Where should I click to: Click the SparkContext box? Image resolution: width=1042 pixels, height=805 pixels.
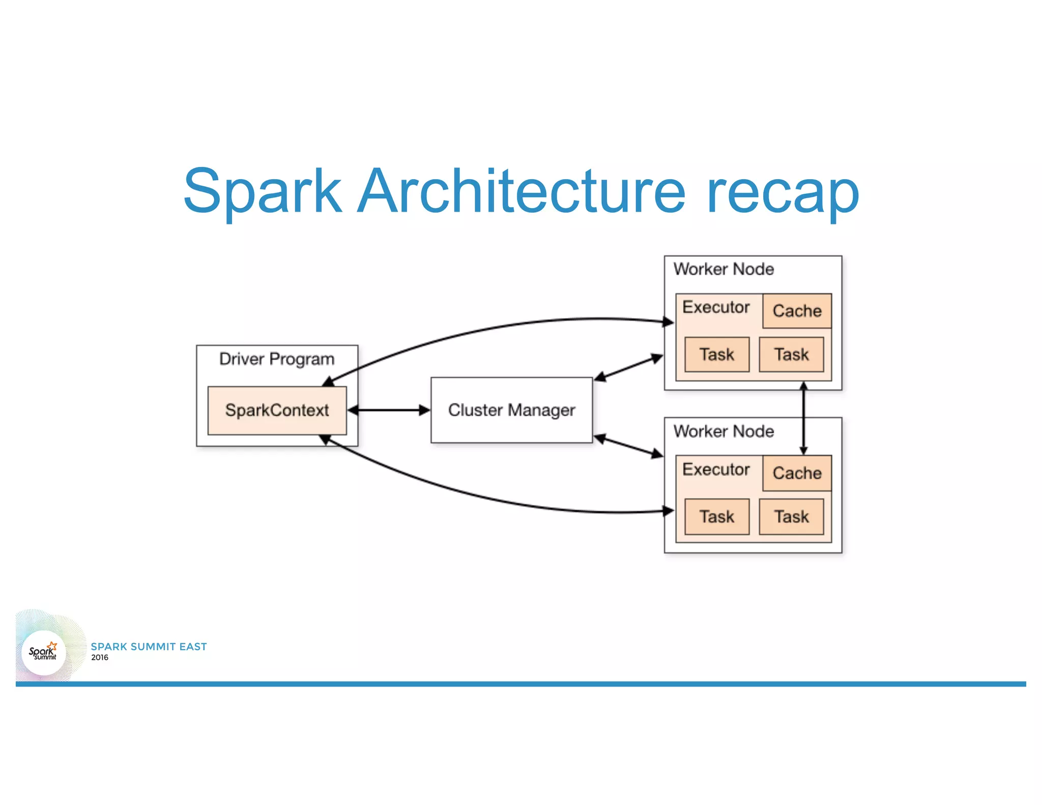click(277, 410)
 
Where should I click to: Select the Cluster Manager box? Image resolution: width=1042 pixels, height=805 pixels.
click(511, 410)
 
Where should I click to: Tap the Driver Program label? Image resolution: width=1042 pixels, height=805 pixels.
click(277, 359)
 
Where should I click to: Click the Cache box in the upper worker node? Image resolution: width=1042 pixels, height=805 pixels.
click(797, 311)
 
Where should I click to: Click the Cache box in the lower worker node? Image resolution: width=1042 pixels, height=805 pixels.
click(797, 473)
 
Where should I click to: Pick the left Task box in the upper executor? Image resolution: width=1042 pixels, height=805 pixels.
click(716, 355)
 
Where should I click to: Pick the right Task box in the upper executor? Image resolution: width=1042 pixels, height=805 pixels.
click(791, 355)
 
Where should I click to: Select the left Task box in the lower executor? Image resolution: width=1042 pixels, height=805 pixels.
click(716, 517)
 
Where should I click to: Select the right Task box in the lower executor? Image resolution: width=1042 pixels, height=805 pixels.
click(791, 517)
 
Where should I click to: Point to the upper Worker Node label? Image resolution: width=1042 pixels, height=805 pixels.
click(723, 269)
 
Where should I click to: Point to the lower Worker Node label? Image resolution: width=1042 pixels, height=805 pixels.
click(723, 432)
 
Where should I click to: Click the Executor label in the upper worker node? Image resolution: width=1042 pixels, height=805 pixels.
click(716, 307)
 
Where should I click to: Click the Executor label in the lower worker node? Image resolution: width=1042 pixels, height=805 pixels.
click(716, 470)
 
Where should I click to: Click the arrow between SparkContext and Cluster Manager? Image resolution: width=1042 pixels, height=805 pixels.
click(389, 410)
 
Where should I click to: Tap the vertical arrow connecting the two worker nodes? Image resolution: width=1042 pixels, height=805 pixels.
click(803, 417)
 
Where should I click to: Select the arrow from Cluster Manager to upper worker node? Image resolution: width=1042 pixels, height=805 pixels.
click(629, 368)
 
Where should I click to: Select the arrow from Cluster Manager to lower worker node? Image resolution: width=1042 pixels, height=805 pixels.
click(629, 446)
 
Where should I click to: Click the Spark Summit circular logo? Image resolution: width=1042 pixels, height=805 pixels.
click(44, 652)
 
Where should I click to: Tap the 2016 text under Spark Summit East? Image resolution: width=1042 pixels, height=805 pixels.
click(100, 657)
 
